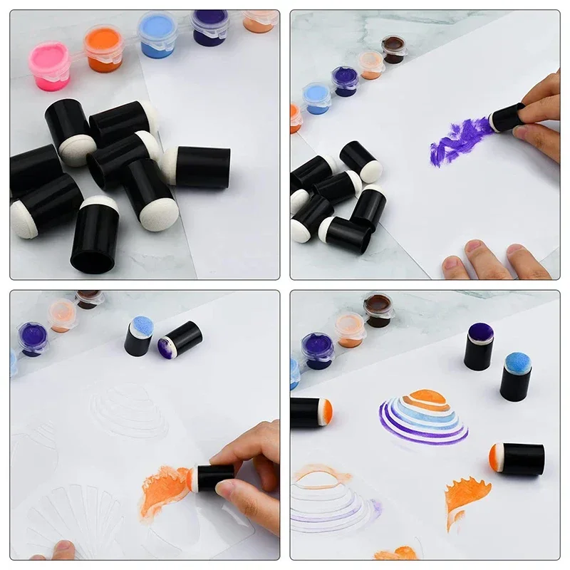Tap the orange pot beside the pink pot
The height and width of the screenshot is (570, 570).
pyautogui.click(x=103, y=47)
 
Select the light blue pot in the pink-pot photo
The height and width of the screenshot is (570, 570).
pyautogui.click(x=157, y=33)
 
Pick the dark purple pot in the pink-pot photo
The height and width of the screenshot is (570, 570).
pyautogui.click(x=209, y=27)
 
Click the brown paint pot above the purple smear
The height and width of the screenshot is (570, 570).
pyautogui.click(x=393, y=49)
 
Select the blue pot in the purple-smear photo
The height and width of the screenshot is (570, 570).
pyautogui.click(x=317, y=97)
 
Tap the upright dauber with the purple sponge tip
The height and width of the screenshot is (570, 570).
pyautogui.click(x=479, y=346)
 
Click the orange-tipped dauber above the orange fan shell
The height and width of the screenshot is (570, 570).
pyautogui.click(x=517, y=459)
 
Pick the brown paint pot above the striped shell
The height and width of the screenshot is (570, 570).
pyautogui.click(x=378, y=310)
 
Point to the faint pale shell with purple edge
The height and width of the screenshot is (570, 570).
pyautogui.click(x=331, y=499)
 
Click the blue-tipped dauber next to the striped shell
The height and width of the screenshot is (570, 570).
pyautogui.click(x=516, y=375)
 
